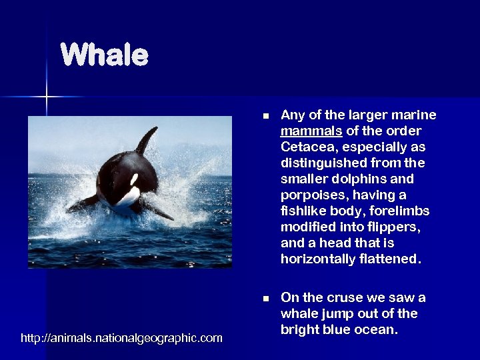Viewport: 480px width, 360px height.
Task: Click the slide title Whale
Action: (x=104, y=55)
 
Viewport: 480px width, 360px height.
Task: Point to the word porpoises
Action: (x=310, y=195)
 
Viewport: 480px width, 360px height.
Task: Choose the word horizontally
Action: (x=317, y=259)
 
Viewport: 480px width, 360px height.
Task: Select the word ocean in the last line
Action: (x=378, y=329)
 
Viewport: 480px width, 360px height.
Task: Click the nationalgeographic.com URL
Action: (x=122, y=339)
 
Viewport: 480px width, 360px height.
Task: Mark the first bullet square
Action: (x=266, y=116)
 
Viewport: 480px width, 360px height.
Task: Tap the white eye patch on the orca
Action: (x=135, y=179)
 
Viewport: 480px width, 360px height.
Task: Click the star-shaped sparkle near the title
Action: (x=47, y=97)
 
